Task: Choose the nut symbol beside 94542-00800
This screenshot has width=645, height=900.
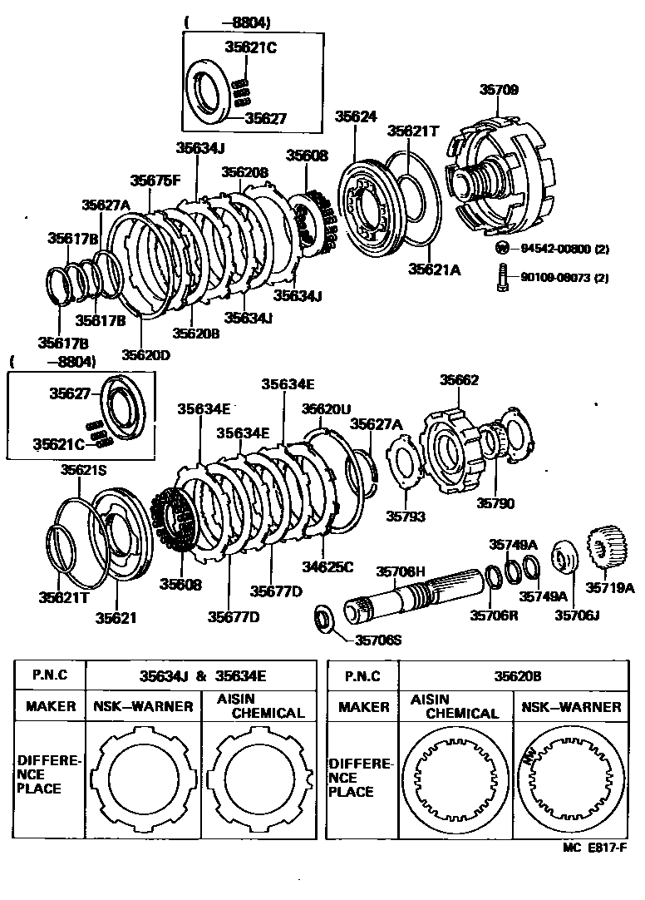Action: click(x=502, y=248)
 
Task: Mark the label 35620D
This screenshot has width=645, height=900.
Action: click(x=145, y=354)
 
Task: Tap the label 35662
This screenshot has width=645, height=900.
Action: click(x=459, y=380)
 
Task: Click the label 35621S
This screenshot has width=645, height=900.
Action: click(x=83, y=471)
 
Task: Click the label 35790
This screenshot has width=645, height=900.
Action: click(x=495, y=503)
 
